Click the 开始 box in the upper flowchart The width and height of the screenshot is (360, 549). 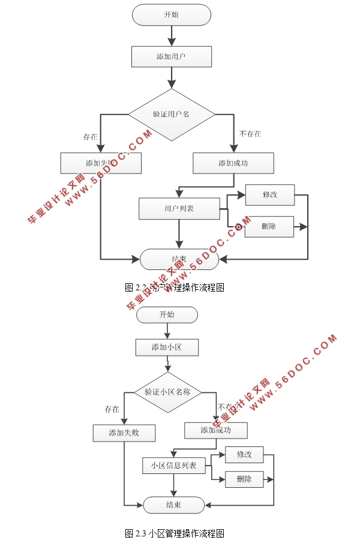pyautogui.click(x=171, y=15)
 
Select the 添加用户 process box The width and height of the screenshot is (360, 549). pyautogui.click(x=171, y=57)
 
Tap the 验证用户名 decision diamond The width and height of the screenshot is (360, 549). pyautogui.click(x=172, y=114)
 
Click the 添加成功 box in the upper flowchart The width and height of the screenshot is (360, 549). pyautogui.click(x=233, y=163)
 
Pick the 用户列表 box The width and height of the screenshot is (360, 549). pyautogui.click(x=179, y=209)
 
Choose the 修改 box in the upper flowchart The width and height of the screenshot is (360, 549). pyautogui.click(x=269, y=194)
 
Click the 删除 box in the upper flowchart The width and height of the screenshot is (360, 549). pyautogui.click(x=269, y=227)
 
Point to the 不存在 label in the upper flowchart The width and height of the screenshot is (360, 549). pyautogui.click(x=250, y=134)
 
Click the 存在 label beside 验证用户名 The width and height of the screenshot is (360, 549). pyautogui.click(x=91, y=137)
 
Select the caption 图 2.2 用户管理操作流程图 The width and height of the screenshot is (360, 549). pyautogui.click(x=175, y=287)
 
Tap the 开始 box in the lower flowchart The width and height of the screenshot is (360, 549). pyautogui.click(x=167, y=315)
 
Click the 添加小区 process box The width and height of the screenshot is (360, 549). pyautogui.click(x=167, y=347)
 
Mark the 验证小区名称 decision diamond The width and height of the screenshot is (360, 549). pyautogui.click(x=167, y=392)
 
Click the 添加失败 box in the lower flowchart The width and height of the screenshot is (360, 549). pyautogui.click(x=124, y=433)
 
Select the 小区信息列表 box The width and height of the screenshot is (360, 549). pyautogui.click(x=173, y=465)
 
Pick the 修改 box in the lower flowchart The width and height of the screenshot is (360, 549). pyautogui.click(x=244, y=455)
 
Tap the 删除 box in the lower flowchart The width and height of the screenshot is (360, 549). pyautogui.click(x=244, y=479)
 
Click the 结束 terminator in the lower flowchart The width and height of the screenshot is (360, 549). pyautogui.click(x=173, y=505)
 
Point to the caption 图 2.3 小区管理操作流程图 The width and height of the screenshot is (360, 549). pyautogui.click(x=175, y=533)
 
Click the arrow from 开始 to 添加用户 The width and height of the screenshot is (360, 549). pyautogui.click(x=172, y=36)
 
